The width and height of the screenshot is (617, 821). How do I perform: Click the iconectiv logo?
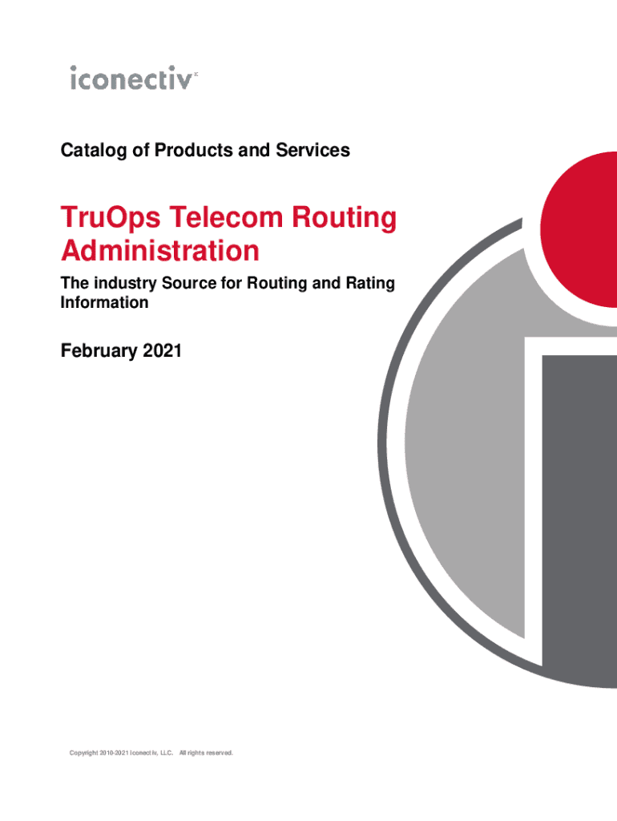pyautogui.click(x=134, y=78)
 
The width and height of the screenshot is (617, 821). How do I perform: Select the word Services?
pyautogui.click(x=313, y=150)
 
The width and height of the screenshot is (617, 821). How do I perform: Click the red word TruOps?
pyautogui.click(x=111, y=218)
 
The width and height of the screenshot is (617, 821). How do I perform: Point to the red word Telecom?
pyautogui.click(x=226, y=216)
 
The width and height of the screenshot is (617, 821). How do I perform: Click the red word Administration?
pyautogui.click(x=160, y=250)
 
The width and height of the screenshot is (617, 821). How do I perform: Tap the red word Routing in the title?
pyautogui.click(x=344, y=218)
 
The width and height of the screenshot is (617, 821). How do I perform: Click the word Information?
pyautogui.click(x=105, y=302)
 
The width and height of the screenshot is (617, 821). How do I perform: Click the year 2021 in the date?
pyautogui.click(x=162, y=350)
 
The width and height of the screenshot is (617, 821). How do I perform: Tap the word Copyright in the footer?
pyautogui.click(x=83, y=753)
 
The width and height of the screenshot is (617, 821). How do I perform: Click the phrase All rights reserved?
pyautogui.click(x=206, y=753)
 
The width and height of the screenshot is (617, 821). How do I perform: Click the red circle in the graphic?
pyautogui.click(x=579, y=229)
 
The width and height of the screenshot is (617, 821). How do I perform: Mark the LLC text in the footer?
pyautogui.click(x=167, y=753)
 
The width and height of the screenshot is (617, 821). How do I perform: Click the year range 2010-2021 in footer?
pyautogui.click(x=114, y=753)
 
